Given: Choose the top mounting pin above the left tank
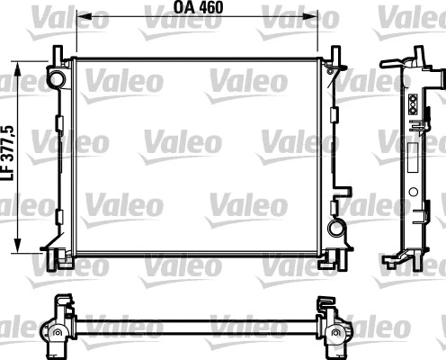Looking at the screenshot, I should [x=56, y=56].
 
